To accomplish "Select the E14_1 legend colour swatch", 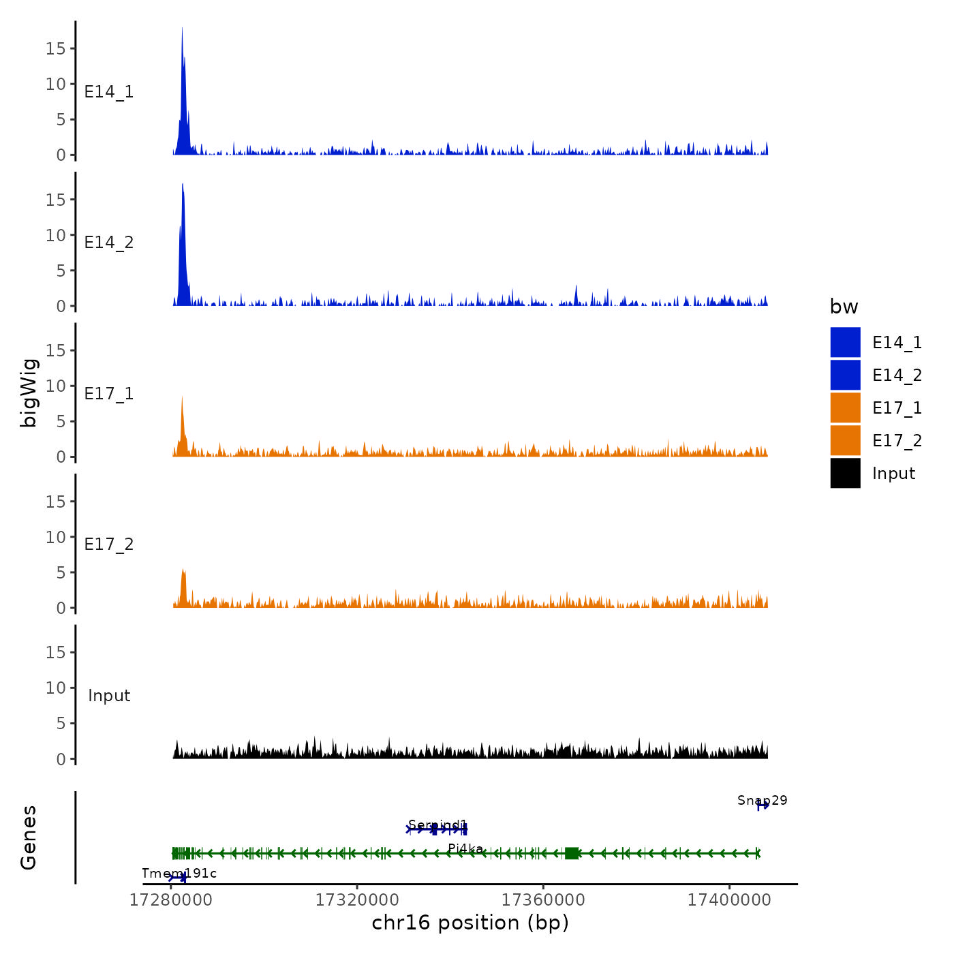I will tap(845, 342).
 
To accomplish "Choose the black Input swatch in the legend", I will tap(845, 473).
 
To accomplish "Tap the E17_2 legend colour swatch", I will tap(845, 440).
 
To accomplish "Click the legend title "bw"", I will tap(844, 307).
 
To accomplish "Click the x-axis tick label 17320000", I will tap(357, 900).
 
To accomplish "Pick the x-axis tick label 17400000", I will tap(729, 900).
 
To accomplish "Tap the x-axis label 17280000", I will tap(171, 900).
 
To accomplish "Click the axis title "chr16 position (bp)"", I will tap(470, 923).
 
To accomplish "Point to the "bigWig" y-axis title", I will tap(29, 393).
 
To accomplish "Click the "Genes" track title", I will tap(29, 837).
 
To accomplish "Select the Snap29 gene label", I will tap(762, 800).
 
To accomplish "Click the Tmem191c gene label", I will tap(179, 873).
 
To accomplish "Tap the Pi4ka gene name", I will tap(465, 848).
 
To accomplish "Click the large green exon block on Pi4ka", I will tap(572, 853).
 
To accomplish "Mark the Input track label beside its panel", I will tap(109, 696).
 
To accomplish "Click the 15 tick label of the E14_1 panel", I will tap(56, 48).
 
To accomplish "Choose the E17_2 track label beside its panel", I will tap(109, 544).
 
